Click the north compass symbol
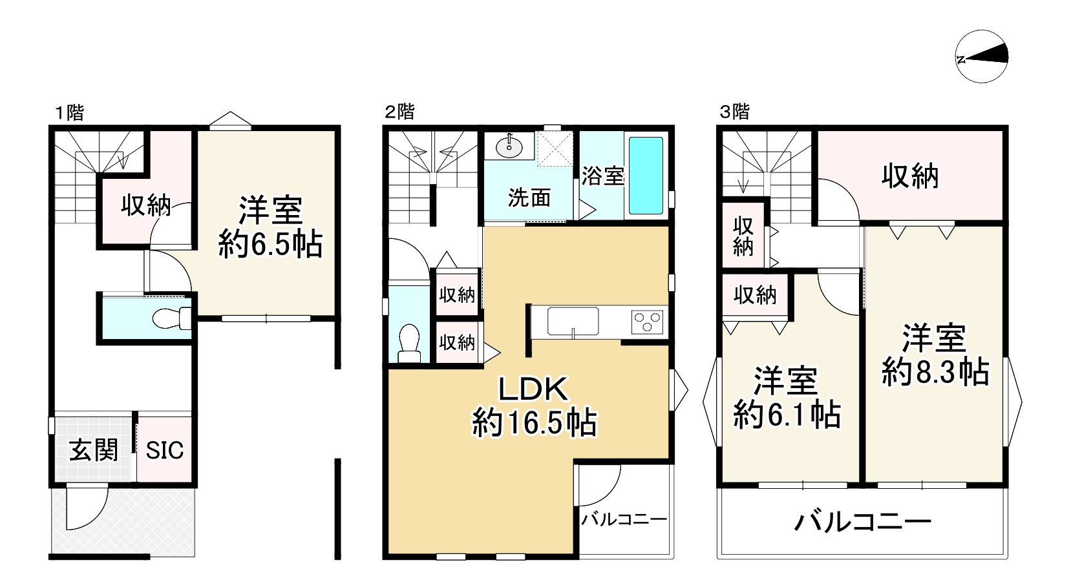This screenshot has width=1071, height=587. (x=981, y=58)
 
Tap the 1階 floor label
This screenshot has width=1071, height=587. (x=68, y=112)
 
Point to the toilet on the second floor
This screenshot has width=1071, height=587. (x=409, y=343)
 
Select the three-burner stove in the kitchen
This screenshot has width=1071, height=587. (x=648, y=320)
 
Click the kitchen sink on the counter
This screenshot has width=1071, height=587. (x=573, y=320)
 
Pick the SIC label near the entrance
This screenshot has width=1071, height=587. (x=164, y=449)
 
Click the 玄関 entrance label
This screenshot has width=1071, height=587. (x=94, y=449)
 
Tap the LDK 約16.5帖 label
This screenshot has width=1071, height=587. (x=534, y=407)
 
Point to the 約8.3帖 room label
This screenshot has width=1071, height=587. (x=935, y=356)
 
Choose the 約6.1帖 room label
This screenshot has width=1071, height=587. (x=787, y=398)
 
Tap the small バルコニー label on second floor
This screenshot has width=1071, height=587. (x=623, y=519)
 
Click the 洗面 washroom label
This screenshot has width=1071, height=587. (x=529, y=198)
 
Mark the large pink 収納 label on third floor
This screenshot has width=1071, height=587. (x=909, y=176)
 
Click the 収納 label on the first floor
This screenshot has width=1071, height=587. (x=146, y=205)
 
